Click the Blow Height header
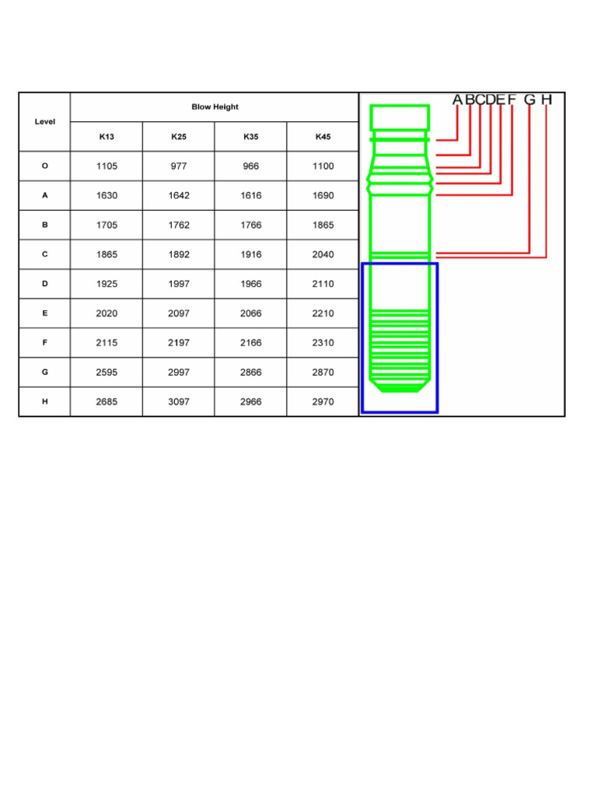[x=215, y=107]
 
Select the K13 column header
[x=106, y=137]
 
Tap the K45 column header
[x=323, y=137]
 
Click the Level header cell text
[x=45, y=122]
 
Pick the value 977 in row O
[x=179, y=166]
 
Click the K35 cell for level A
[x=251, y=196]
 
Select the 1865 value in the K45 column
[x=323, y=225]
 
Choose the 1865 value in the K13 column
[x=106, y=255]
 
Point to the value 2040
[x=323, y=255]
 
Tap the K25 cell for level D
[x=179, y=285]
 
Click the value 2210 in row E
[x=323, y=314]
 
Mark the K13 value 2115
[x=106, y=344]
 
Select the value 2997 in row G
[x=179, y=373]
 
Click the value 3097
[x=179, y=403]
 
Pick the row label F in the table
[x=45, y=343]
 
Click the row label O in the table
[x=45, y=166]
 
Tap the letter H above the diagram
[x=546, y=99]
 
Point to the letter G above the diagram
[x=529, y=99]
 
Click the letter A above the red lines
[x=458, y=99]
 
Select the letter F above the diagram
[x=511, y=99]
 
